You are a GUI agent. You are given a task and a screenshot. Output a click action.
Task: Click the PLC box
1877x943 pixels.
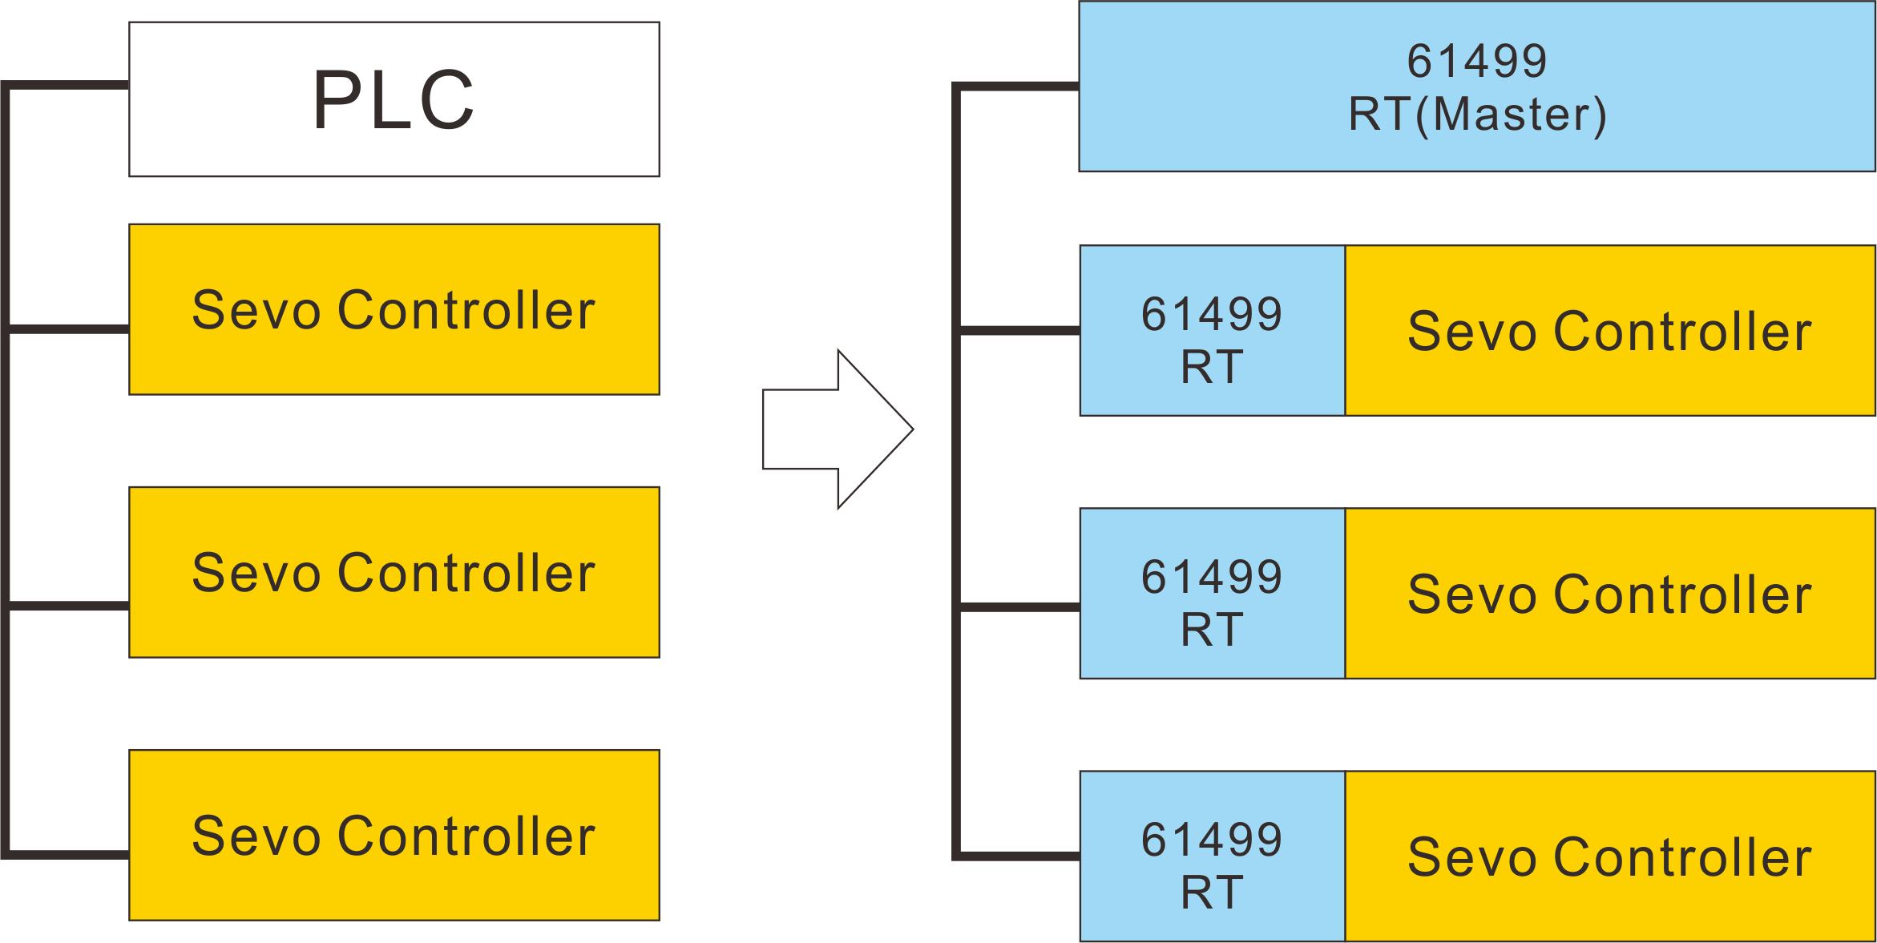tap(394, 99)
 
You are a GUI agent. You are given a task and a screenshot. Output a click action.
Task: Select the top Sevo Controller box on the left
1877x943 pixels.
tap(394, 309)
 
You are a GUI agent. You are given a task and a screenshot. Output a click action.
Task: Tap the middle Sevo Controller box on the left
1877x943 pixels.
tap(394, 572)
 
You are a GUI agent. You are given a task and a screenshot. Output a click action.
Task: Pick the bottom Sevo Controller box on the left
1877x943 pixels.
tap(394, 835)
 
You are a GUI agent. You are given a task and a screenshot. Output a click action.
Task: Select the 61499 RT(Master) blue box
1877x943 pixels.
tap(1476, 87)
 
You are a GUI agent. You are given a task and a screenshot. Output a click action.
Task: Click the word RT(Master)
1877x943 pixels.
tap(1476, 115)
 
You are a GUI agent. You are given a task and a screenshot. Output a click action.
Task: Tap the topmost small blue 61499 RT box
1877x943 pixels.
tap(1211, 331)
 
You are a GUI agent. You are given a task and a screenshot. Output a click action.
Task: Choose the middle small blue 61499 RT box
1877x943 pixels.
tap(1211, 594)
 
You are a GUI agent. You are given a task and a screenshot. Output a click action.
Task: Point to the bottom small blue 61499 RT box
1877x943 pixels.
tap(1211, 856)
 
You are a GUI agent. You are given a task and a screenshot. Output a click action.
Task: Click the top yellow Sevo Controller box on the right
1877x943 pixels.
tap(1609, 331)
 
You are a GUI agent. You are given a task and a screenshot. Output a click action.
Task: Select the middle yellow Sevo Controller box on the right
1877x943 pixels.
tap(1609, 594)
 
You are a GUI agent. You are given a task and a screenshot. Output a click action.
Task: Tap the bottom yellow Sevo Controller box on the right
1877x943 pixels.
tap(1609, 856)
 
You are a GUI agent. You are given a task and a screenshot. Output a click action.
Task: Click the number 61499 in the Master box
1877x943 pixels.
tap(1476, 61)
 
